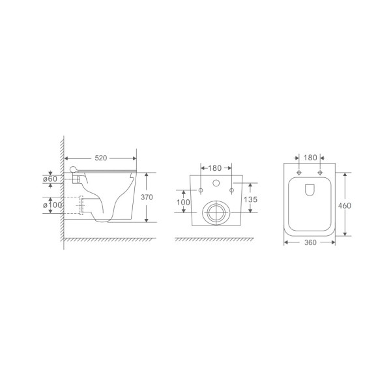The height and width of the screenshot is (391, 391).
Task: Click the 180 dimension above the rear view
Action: [x=216, y=158]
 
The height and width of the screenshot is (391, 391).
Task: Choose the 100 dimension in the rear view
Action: [x=184, y=203]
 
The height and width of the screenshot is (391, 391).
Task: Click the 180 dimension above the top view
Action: [x=310, y=158]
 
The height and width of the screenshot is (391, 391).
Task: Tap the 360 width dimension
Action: [x=310, y=243]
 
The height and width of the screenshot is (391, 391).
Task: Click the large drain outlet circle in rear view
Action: [x=216, y=212]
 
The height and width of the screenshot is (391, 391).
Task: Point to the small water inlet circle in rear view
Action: [x=216, y=182]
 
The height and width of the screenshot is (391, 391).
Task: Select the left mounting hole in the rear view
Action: [x=201, y=191]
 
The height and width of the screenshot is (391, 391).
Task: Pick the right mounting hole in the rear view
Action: [x=232, y=191]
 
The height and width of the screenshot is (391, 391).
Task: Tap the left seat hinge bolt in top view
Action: [x=299, y=173]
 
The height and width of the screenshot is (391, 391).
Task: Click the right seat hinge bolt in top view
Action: [x=320, y=173]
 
